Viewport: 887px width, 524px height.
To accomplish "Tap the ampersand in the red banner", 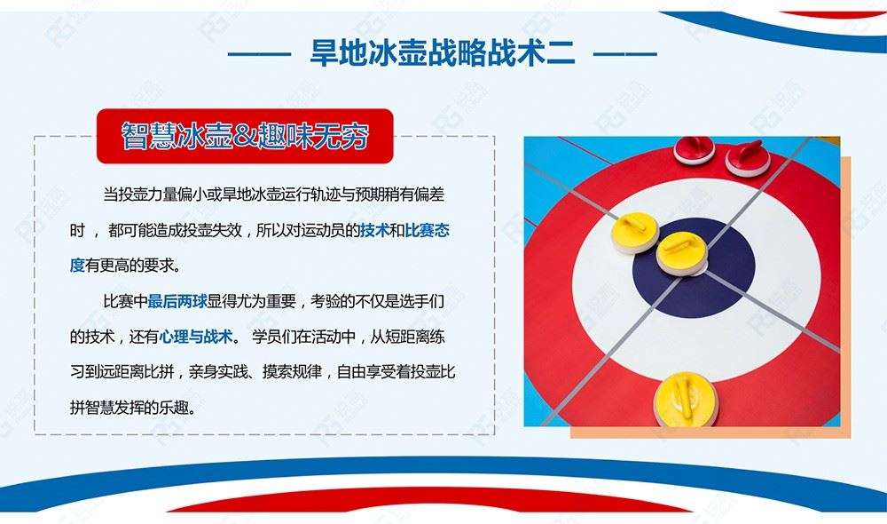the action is click(x=245, y=136).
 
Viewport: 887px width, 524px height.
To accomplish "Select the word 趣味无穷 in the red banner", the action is click(x=313, y=136).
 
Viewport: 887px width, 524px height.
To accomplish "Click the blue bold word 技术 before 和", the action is click(x=374, y=230).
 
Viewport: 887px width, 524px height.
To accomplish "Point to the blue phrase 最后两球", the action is click(x=177, y=301).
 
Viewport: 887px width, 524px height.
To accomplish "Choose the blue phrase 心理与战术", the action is click(x=196, y=337).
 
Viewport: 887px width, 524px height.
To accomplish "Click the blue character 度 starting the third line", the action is click(x=77, y=266).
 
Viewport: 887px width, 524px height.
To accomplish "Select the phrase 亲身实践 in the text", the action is click(x=218, y=372).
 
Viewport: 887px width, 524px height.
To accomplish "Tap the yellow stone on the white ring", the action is click(x=635, y=232).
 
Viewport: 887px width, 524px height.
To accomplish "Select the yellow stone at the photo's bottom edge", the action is click(x=686, y=400).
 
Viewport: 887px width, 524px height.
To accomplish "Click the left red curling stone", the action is click(x=694, y=149).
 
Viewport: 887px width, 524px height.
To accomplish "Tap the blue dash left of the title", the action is click(x=259, y=55).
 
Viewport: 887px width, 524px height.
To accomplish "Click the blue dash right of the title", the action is click(x=625, y=55).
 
